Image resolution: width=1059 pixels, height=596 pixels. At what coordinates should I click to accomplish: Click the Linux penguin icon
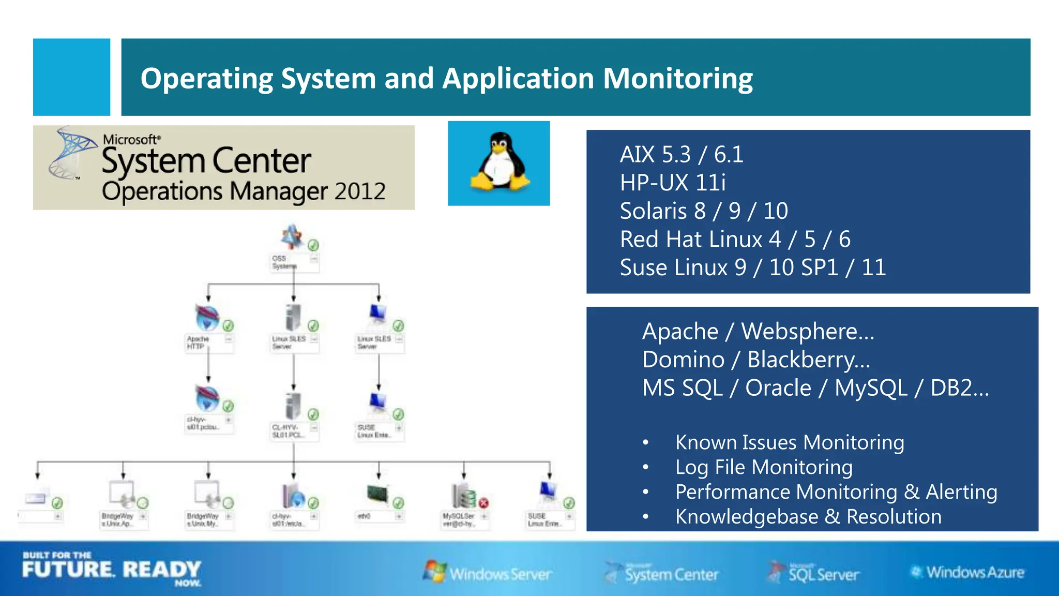point(500,162)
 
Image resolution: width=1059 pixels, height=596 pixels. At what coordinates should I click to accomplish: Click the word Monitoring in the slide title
point(677,79)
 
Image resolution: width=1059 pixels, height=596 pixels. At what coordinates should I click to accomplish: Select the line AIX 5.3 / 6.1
point(681,154)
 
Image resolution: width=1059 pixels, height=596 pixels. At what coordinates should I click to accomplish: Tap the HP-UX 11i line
point(673,183)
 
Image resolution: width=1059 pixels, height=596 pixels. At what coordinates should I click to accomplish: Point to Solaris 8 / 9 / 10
point(704,211)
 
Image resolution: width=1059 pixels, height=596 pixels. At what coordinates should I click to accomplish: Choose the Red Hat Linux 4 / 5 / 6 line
point(735,240)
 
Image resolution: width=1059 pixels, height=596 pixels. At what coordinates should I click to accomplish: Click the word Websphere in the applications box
point(807,331)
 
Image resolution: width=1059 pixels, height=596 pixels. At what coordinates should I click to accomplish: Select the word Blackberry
point(808,360)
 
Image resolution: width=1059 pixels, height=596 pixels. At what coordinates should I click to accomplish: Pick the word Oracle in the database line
point(778,388)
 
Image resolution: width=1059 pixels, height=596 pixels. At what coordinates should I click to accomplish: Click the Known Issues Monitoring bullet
point(789,443)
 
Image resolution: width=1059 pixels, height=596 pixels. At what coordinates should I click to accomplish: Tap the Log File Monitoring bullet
point(763,467)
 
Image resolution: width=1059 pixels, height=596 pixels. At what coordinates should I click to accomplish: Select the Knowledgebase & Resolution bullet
point(808,517)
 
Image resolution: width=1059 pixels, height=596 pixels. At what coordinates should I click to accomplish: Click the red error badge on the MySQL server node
point(483,503)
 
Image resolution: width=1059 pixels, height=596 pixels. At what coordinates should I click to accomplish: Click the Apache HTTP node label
point(197,342)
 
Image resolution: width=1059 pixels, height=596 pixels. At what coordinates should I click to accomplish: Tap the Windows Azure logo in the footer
point(968,572)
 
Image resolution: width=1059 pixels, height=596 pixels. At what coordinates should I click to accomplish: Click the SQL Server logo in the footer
point(815,573)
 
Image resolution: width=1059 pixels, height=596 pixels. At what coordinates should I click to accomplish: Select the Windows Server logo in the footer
point(488,573)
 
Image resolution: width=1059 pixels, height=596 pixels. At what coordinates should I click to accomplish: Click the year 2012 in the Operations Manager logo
point(359,191)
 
